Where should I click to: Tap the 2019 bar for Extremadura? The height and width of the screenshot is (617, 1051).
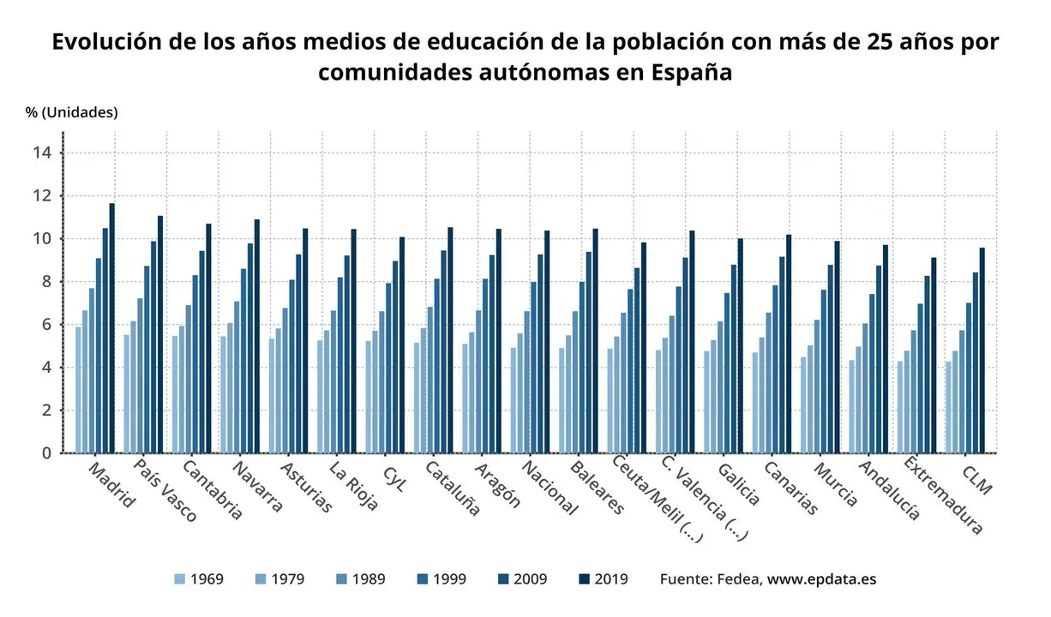click(934, 355)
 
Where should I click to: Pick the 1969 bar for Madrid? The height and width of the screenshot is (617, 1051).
click(78, 390)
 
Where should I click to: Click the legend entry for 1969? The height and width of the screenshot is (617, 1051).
click(198, 579)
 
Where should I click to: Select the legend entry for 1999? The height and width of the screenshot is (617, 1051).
click(441, 579)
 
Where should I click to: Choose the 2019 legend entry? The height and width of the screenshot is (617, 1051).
click(603, 579)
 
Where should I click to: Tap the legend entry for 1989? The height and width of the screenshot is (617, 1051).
click(360, 579)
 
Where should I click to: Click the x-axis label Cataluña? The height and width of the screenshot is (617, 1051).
click(452, 489)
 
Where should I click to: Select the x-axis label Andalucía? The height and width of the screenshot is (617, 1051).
click(889, 491)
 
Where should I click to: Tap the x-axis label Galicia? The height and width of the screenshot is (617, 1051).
click(738, 485)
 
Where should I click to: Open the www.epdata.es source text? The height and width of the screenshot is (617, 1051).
click(821, 579)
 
